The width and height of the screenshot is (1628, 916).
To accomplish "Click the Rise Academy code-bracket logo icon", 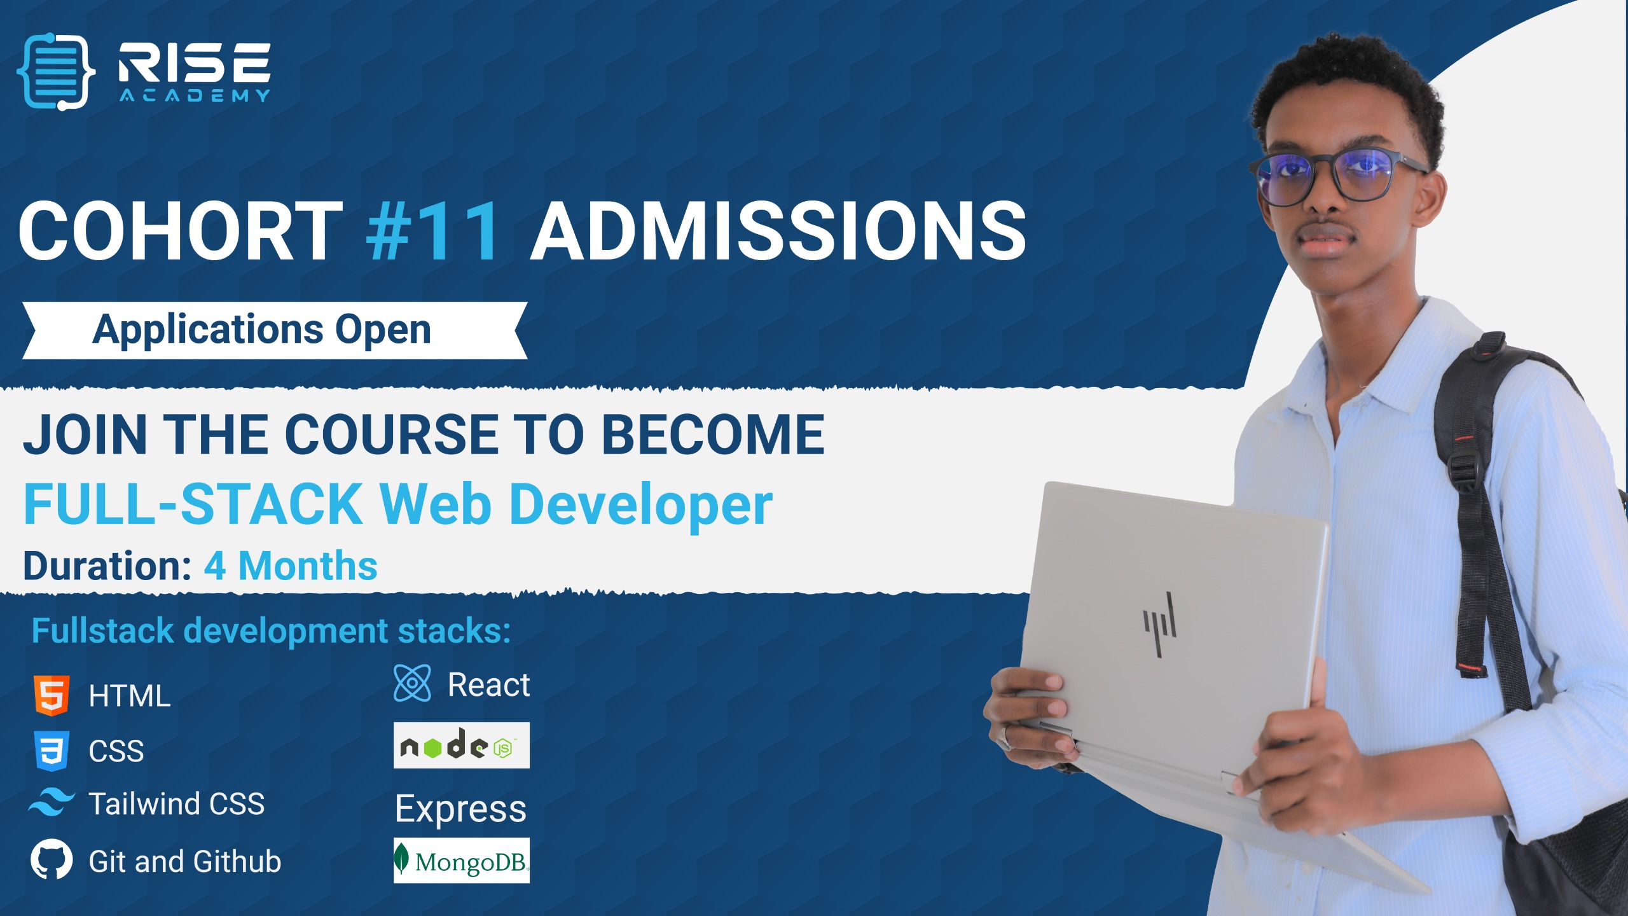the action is pos(56,71).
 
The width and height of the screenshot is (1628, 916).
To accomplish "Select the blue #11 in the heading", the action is pos(433,230).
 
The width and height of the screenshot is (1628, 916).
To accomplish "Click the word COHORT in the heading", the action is pos(181,230).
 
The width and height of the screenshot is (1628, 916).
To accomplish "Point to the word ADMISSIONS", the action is pos(778,230).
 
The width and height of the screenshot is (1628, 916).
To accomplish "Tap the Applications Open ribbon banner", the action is pos(275,330).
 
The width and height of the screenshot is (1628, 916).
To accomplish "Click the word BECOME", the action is pos(713,434).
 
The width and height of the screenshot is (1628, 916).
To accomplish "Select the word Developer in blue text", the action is pos(641,504).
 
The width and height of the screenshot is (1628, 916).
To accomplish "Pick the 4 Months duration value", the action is pos(291,566).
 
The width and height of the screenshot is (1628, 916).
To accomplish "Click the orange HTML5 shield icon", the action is pos(52,695).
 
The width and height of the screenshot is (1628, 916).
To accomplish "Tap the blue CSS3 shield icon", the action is pos(52,751).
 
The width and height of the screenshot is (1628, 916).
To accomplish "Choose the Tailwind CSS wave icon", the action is pos(52,803).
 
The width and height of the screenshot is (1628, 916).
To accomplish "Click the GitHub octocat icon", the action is pos(52,859).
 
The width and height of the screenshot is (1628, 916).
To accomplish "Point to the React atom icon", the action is pos(412,683).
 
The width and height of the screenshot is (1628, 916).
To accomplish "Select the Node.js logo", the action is pos(462,745).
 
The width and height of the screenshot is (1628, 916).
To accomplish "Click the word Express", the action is pos(461,809).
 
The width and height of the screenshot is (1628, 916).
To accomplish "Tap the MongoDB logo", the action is pos(462,861).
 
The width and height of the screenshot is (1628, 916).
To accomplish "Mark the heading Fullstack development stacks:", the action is pos(272,631).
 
